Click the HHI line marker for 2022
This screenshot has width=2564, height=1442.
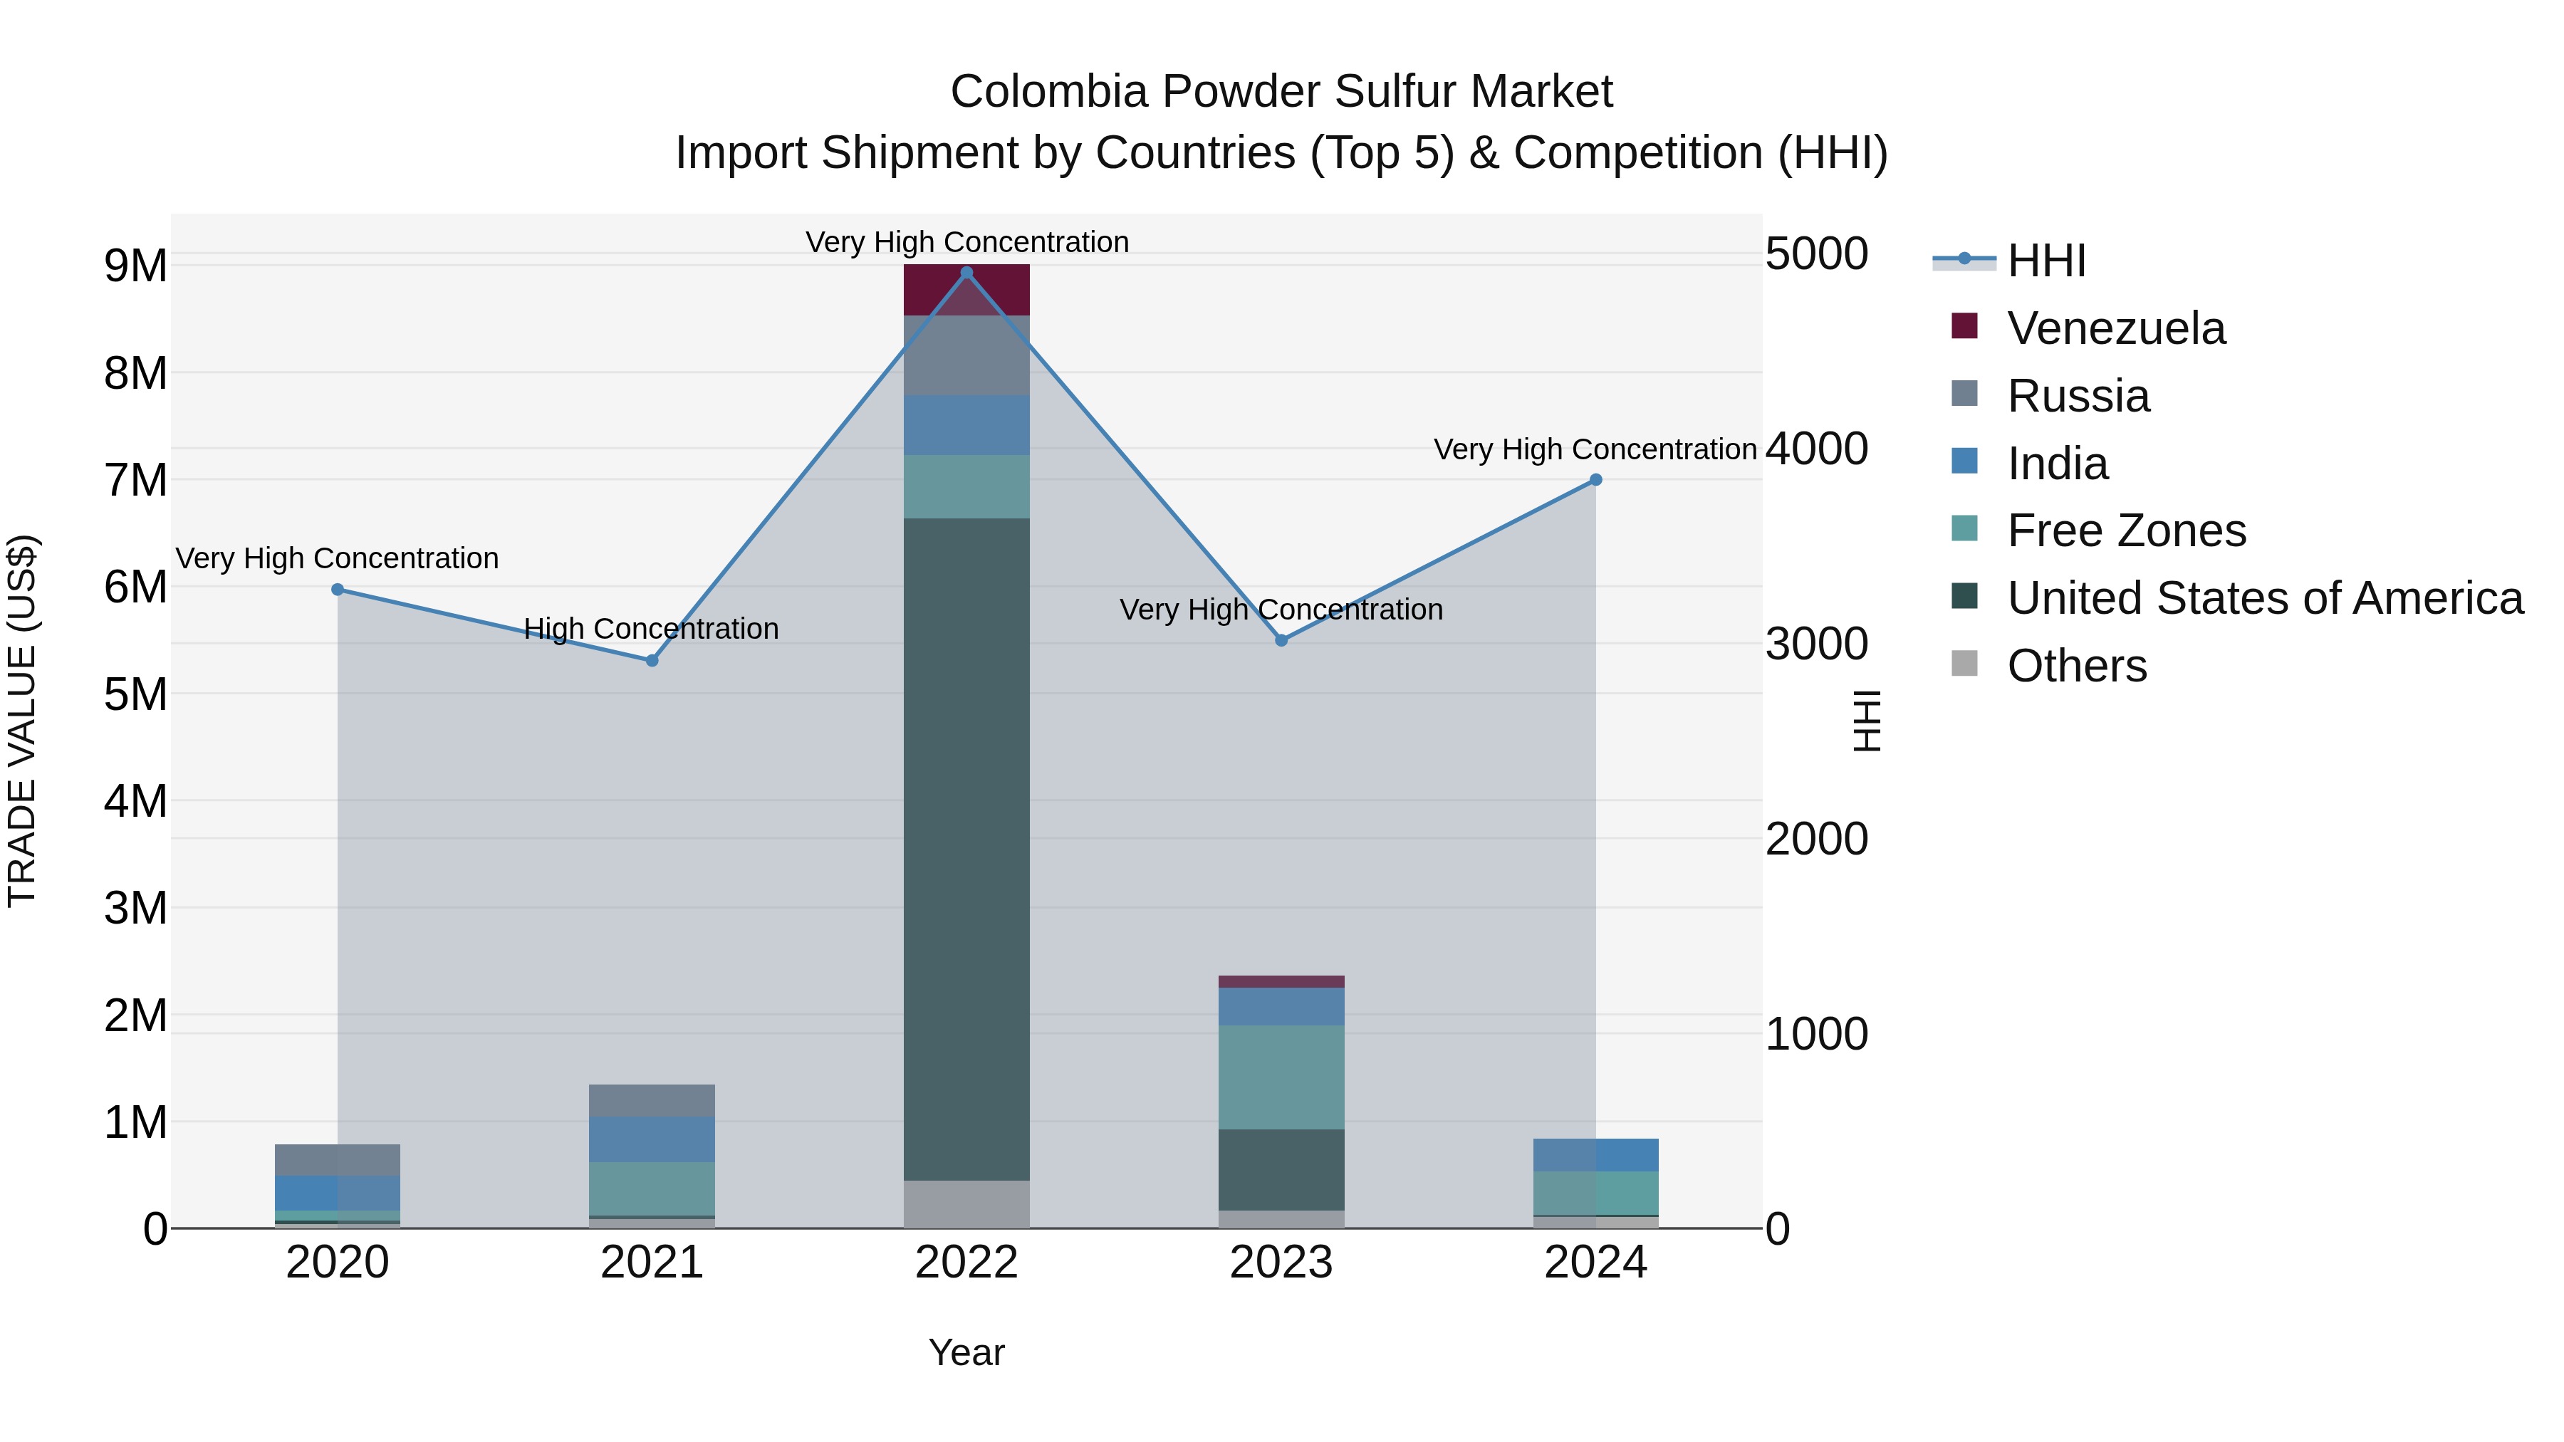(966, 273)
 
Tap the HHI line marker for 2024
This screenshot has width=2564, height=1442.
(1595, 480)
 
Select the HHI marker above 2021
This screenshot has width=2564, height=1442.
(652, 661)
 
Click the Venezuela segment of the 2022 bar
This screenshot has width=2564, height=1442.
(966, 290)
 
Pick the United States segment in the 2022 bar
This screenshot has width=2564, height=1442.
(966, 849)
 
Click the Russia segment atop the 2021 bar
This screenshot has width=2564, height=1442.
(652, 1101)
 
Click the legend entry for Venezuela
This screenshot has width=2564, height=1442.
(2115, 328)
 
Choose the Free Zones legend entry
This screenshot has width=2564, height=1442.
(2126, 531)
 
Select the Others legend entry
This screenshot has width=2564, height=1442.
(2076, 666)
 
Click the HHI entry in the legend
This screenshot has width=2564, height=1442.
(2046, 261)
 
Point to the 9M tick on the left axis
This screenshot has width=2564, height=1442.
(135, 266)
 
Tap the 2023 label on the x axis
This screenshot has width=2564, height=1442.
(1281, 1263)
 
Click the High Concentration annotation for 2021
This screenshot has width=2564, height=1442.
(652, 629)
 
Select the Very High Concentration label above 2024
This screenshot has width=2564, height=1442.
(1595, 450)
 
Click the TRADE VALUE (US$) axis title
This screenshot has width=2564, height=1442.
(23, 721)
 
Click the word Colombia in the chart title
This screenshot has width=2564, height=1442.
(1048, 92)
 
